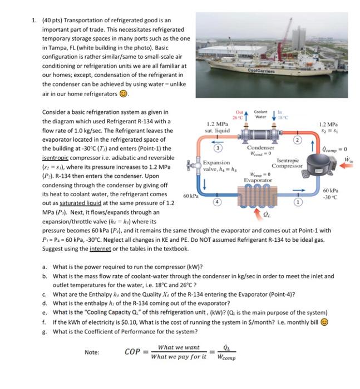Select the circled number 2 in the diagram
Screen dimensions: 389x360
click(x=298, y=139)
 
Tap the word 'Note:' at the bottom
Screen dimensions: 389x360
click(x=92, y=352)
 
